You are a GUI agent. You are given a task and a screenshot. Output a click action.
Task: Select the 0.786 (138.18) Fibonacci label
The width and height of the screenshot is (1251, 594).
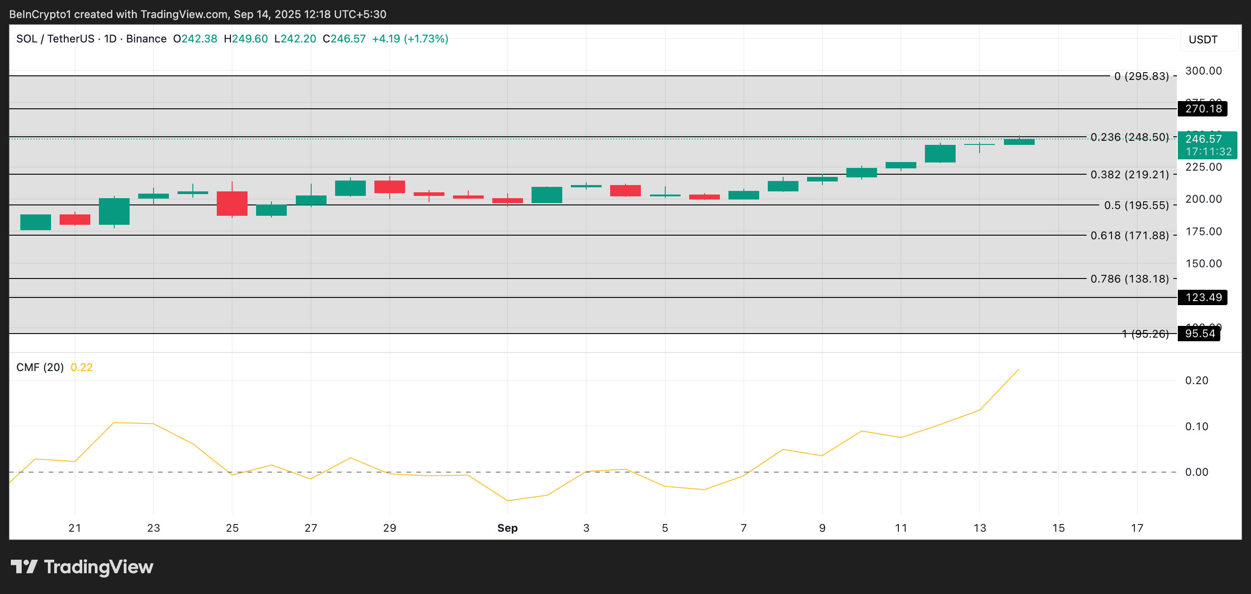pos(1129,279)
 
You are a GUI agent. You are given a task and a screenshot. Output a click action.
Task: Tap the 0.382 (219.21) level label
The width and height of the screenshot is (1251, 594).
pos(1129,175)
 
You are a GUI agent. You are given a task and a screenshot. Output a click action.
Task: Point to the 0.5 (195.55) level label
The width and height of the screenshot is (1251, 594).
pos(1136,205)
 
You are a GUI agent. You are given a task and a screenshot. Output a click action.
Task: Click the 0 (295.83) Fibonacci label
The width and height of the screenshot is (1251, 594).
pos(1141,76)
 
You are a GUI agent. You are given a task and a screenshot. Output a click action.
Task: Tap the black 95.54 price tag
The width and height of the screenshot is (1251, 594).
pos(1199,334)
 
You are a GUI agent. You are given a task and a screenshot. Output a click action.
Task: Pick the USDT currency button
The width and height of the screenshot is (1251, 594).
pos(1203,40)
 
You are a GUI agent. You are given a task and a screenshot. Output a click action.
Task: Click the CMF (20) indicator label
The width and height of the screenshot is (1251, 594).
pos(40,367)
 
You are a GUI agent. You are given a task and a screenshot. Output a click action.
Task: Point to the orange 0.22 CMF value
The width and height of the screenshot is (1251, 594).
pos(82,367)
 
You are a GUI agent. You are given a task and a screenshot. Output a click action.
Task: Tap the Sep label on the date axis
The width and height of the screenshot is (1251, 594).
pos(507,528)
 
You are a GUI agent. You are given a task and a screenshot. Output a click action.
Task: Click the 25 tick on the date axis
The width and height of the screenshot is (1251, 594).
pos(232,528)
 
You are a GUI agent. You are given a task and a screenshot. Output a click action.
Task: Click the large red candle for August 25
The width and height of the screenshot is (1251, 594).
pos(232,203)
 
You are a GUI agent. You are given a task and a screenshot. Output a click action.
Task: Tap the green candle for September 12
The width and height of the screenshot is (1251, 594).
pos(940,153)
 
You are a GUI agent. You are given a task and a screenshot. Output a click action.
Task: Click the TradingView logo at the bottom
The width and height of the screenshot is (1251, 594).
pos(82,567)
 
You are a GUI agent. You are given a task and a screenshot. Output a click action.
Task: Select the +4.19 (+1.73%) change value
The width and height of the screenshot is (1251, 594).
pos(410,39)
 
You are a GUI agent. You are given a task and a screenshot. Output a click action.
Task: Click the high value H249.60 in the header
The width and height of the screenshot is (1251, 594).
pos(246,39)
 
